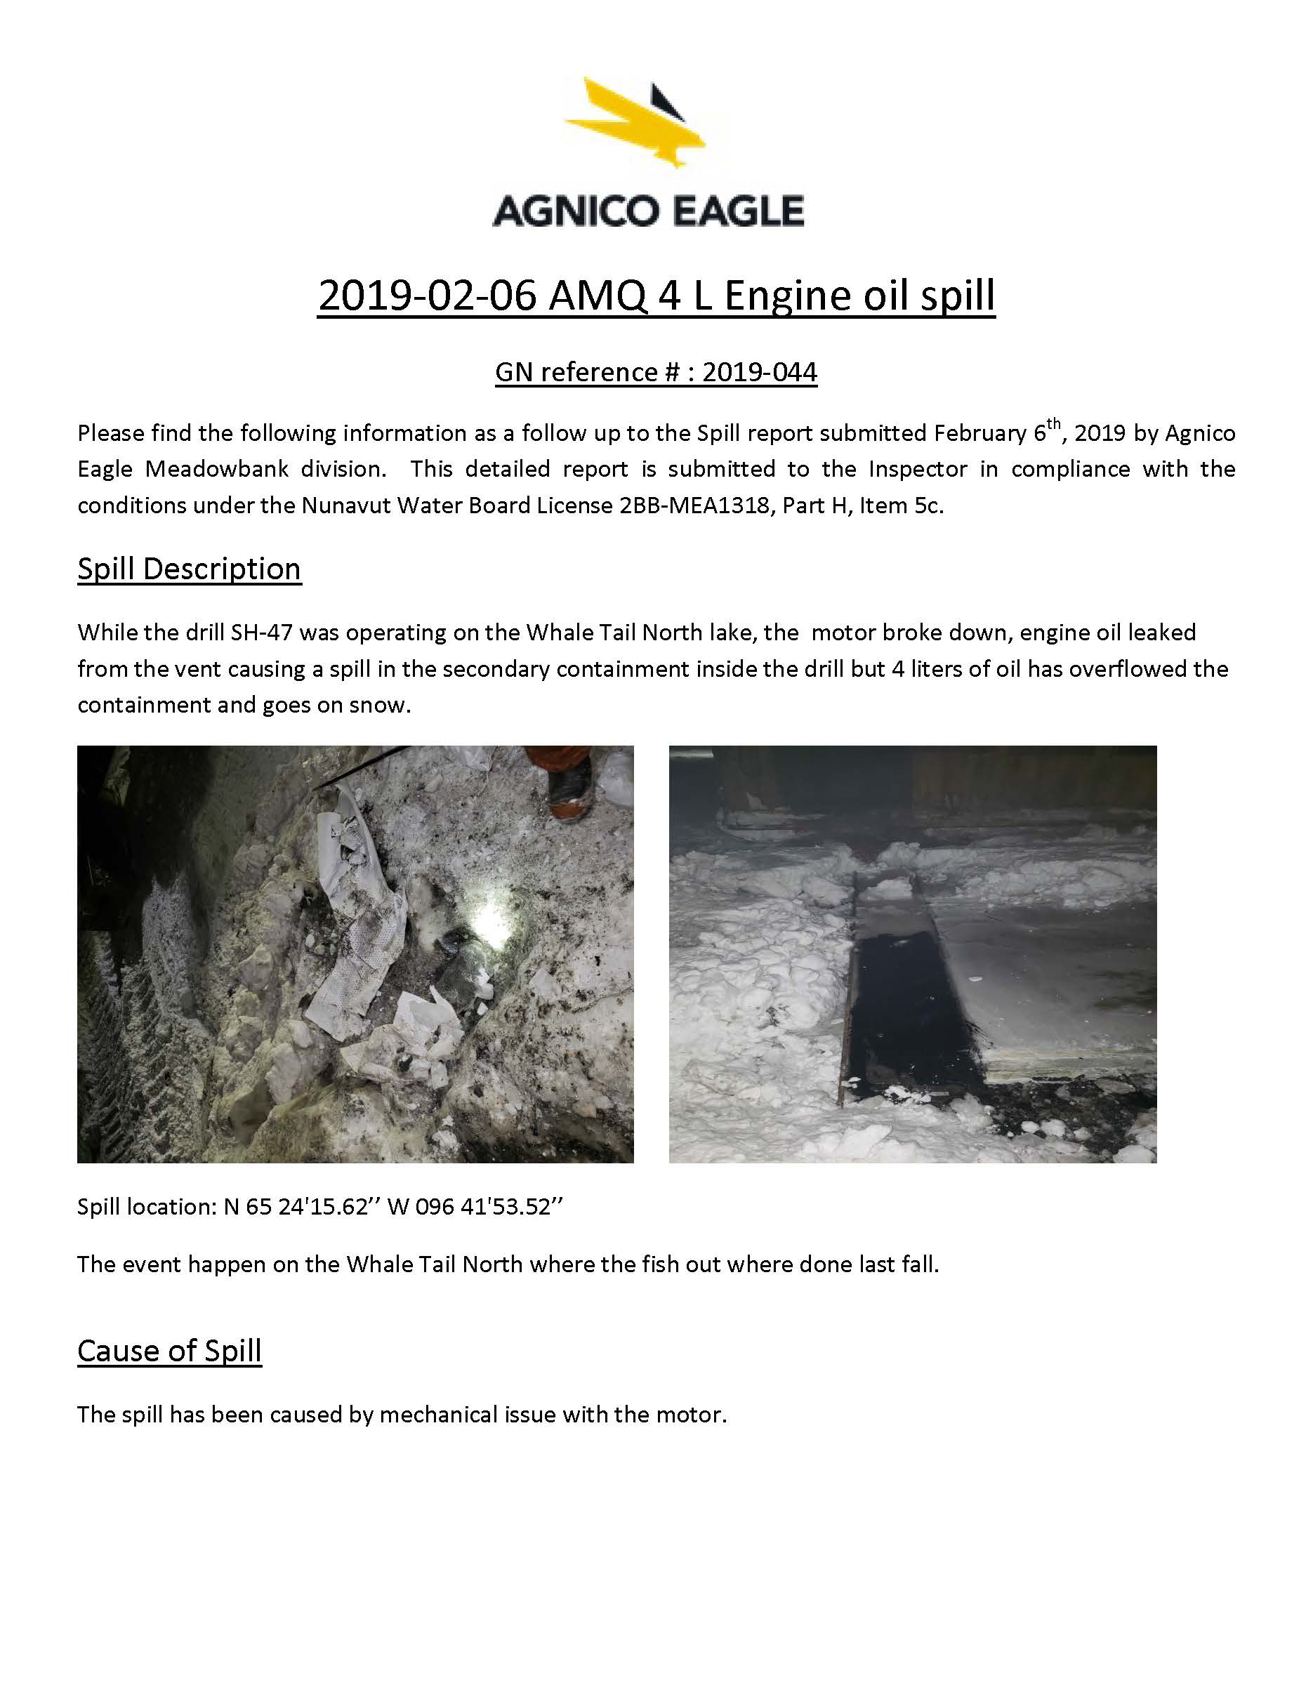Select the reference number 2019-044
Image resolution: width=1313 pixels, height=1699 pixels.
pos(759,373)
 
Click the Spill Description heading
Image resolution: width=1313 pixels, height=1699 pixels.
pos(189,569)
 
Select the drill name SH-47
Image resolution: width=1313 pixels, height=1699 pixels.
pos(261,632)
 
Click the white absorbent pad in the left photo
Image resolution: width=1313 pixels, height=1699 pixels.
pos(359,918)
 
